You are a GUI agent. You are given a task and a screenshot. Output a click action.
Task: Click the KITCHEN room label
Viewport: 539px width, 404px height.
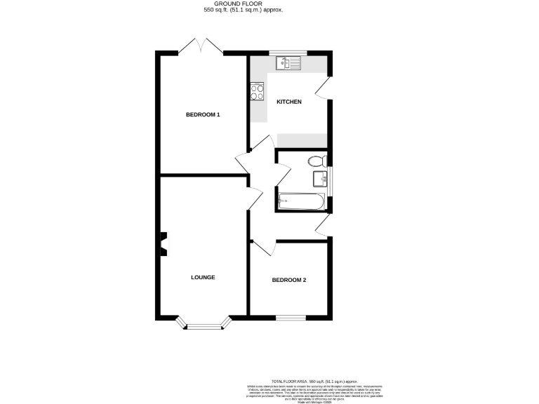(x=288, y=102)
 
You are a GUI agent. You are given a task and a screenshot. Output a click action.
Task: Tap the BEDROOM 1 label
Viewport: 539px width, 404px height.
(x=203, y=114)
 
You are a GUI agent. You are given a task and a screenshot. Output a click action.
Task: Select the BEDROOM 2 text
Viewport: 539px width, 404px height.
(x=289, y=280)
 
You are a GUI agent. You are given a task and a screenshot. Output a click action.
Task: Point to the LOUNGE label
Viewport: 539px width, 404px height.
(x=203, y=277)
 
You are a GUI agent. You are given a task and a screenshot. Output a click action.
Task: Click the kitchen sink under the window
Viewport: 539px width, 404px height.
(x=288, y=64)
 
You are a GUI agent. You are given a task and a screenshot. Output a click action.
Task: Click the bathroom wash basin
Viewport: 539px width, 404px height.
(x=320, y=178)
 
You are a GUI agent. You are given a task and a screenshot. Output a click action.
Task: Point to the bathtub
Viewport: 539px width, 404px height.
(x=300, y=202)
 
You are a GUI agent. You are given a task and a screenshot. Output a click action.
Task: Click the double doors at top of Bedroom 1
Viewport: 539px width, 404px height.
(x=201, y=47)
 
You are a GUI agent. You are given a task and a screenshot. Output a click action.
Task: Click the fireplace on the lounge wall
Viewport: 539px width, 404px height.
(x=164, y=245)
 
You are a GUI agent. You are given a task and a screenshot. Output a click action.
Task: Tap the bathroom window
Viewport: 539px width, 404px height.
(x=331, y=180)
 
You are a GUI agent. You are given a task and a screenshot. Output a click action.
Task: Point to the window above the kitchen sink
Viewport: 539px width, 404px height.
(x=288, y=53)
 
